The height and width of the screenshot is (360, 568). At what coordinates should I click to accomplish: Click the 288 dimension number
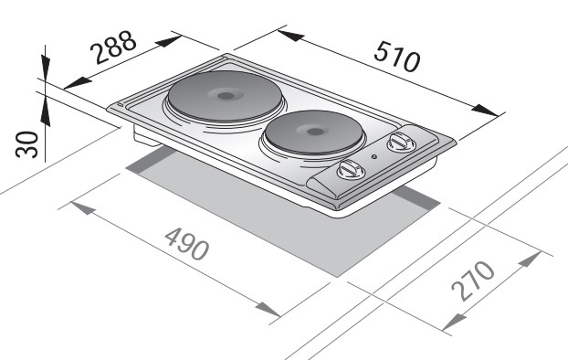click(114, 48)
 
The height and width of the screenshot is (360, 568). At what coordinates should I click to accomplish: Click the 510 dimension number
click(397, 57)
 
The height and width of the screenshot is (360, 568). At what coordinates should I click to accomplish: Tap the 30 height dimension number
click(26, 144)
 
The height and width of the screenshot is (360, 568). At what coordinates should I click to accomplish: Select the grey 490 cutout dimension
click(187, 244)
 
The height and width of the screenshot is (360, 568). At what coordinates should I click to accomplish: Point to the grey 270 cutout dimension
click(473, 281)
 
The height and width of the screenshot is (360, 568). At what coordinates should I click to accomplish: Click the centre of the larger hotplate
click(225, 96)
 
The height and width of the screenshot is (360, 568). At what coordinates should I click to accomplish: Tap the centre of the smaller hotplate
click(313, 132)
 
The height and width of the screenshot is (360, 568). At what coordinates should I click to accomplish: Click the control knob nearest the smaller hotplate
click(402, 142)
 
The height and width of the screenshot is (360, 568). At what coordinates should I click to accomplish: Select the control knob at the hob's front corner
click(351, 170)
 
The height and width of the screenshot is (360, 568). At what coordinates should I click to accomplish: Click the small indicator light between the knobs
click(374, 156)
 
